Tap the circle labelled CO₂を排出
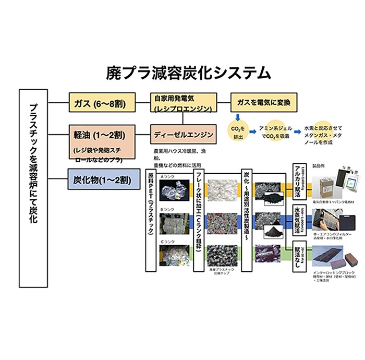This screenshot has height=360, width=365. pyautogui.click(x=237, y=131)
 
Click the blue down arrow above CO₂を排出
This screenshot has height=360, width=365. pyautogui.click(x=237, y=117)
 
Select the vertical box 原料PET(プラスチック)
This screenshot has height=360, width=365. pyautogui.click(x=152, y=219)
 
